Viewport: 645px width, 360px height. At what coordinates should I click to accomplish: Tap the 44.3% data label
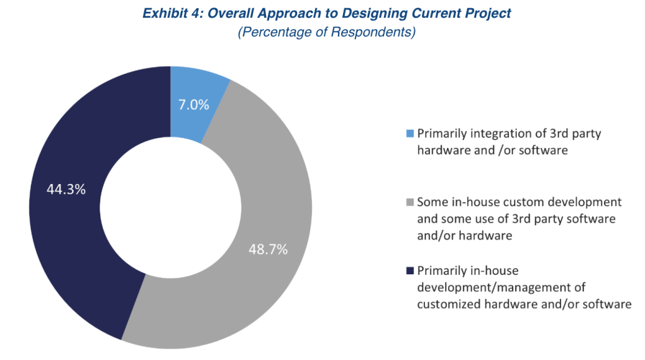tap(66, 189)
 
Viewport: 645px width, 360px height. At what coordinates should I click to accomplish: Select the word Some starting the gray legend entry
tap(432, 202)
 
